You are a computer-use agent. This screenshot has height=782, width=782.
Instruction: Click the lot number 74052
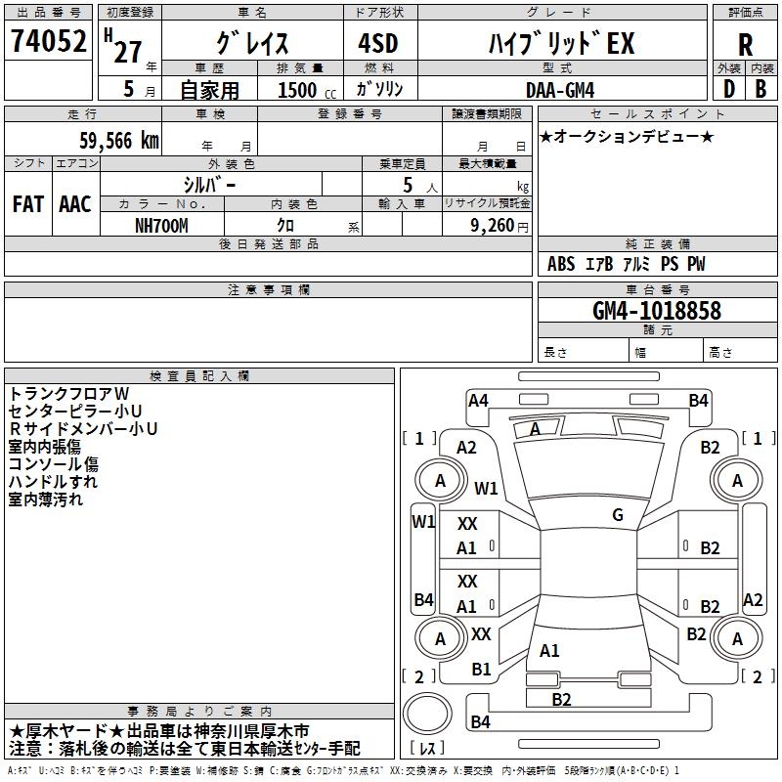[x=48, y=40]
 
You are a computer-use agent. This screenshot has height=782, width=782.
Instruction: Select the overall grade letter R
[x=745, y=45]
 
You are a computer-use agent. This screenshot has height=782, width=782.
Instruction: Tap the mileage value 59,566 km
[x=119, y=141]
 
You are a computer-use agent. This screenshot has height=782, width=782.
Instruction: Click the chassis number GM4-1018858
[x=656, y=310]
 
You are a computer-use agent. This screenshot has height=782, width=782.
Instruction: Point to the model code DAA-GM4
[x=560, y=90]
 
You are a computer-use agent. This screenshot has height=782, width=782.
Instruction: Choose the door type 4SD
[x=378, y=43]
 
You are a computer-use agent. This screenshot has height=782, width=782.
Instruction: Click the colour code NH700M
[x=161, y=226]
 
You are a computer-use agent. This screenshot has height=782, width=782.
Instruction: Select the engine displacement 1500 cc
[x=307, y=90]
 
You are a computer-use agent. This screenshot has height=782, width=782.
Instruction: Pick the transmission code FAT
[x=28, y=204]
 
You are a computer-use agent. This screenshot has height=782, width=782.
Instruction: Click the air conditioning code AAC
[x=75, y=204]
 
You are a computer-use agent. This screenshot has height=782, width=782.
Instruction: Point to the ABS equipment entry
[x=561, y=264]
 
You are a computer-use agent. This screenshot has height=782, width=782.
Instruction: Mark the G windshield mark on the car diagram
[x=618, y=514]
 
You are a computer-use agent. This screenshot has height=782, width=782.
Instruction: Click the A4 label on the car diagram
[x=478, y=401]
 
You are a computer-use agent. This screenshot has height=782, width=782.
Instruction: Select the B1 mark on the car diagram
[x=481, y=670]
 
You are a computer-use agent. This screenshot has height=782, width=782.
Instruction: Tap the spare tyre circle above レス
[x=427, y=714]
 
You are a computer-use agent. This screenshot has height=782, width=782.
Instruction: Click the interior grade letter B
[x=760, y=89]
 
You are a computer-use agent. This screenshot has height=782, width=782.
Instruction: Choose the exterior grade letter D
[x=729, y=89]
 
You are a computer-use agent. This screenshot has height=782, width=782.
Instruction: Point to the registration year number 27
[x=128, y=52]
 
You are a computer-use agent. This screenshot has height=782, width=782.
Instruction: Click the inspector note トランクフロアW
[x=68, y=394]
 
